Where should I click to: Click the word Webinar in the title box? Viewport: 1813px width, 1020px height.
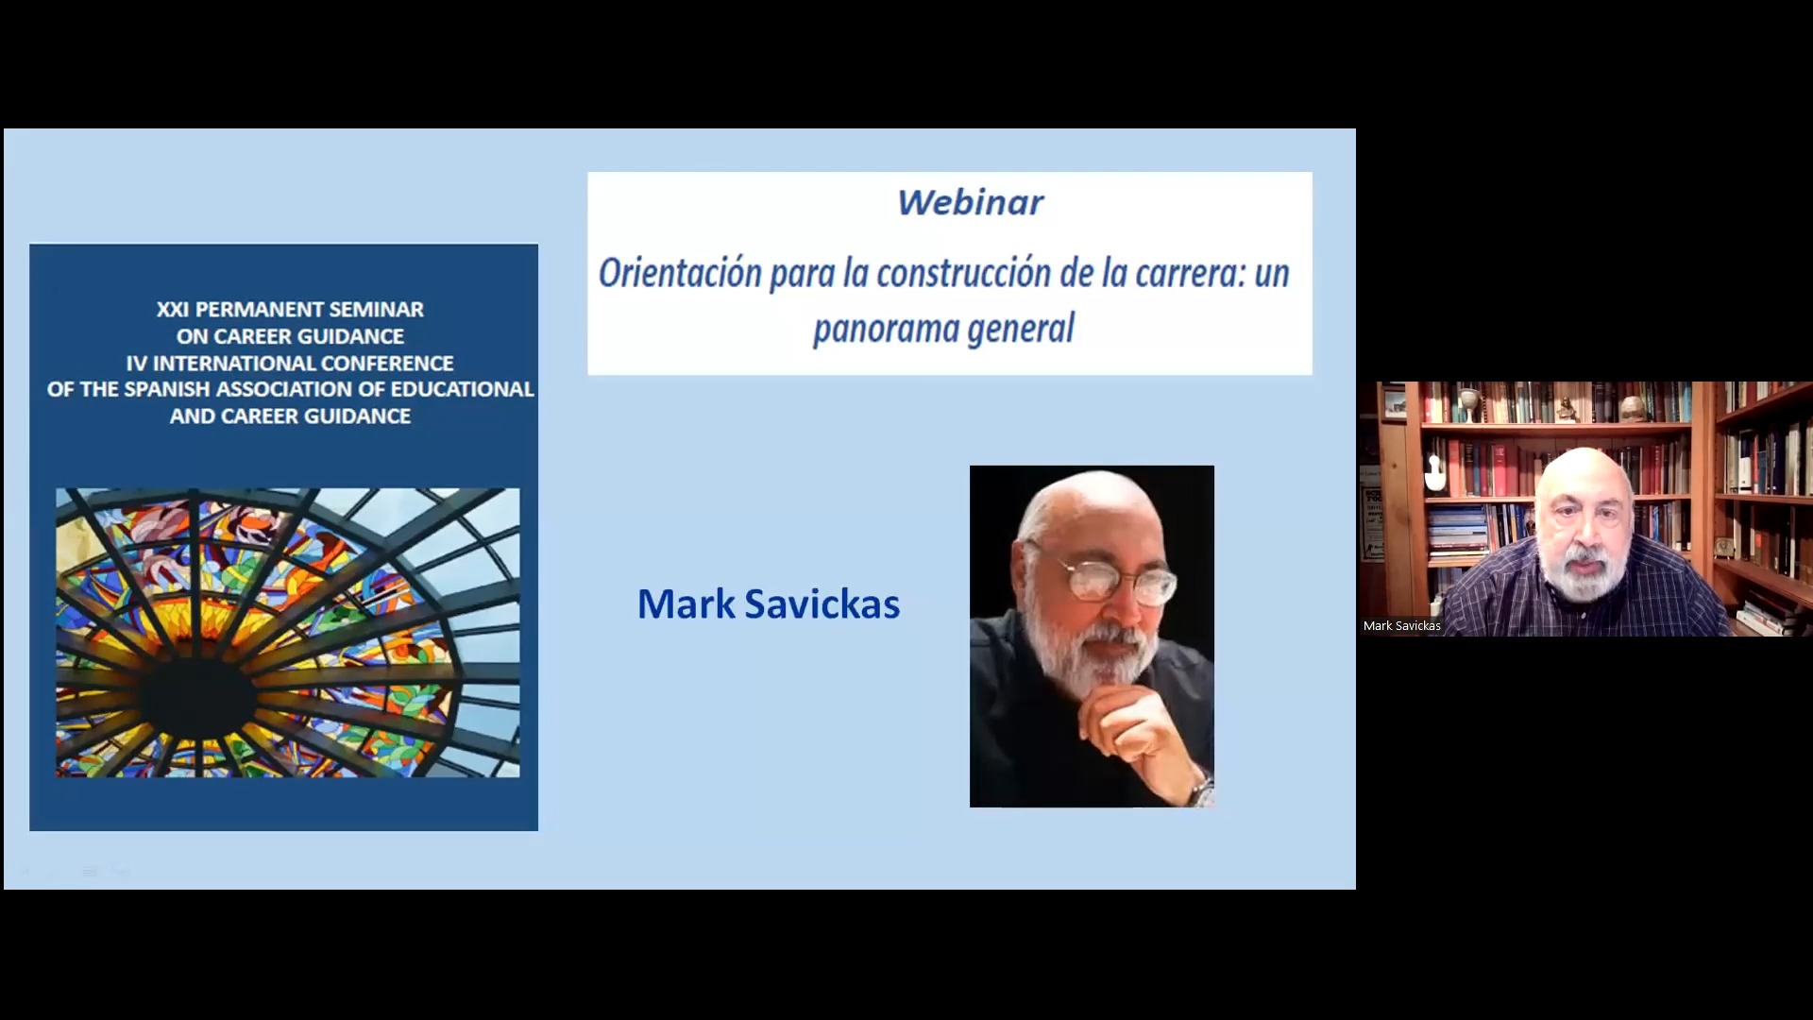970,202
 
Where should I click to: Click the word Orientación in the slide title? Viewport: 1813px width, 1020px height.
680,273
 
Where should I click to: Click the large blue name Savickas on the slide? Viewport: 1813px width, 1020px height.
822,604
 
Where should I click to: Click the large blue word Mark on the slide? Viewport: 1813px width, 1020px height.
686,604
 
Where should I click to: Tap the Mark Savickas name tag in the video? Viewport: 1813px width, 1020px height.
1401,626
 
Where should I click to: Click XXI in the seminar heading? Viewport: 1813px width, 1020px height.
172,310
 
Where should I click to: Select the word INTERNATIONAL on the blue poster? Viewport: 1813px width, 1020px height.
234,364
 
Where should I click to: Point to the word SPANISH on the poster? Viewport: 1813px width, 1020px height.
167,389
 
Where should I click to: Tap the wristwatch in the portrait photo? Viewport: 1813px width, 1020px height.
1202,787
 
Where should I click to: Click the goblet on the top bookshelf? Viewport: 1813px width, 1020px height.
1468,403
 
